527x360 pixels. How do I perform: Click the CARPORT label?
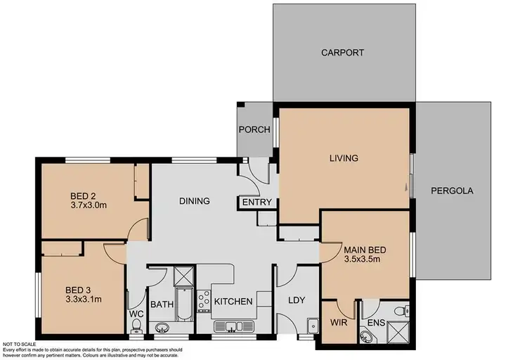[x=344, y=53]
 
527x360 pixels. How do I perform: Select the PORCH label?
[x=254, y=129]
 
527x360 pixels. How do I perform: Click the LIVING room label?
[x=344, y=158]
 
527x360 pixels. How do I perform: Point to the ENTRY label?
[x=256, y=202]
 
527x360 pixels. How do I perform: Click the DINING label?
[x=194, y=201]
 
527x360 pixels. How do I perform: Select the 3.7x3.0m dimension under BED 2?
[x=88, y=206]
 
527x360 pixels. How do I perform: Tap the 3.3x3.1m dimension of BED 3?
[x=84, y=299]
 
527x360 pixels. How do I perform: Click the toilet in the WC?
[x=136, y=325]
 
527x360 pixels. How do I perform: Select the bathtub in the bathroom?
[x=183, y=304]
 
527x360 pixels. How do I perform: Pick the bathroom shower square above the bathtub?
[x=183, y=275]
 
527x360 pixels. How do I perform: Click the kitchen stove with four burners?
[x=204, y=301]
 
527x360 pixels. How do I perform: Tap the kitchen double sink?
[x=233, y=326]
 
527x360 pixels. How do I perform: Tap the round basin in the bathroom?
[x=162, y=327]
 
